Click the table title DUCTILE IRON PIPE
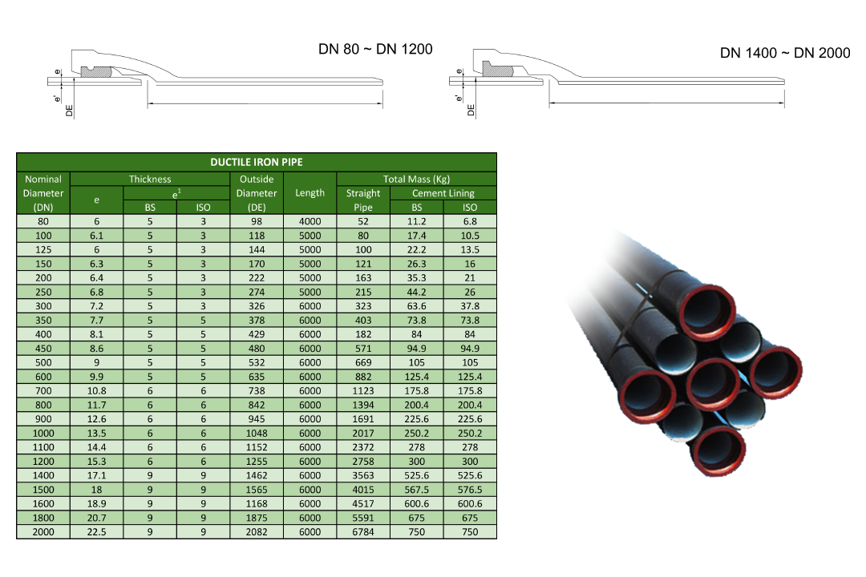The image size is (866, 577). point(257,163)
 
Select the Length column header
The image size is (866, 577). point(310,192)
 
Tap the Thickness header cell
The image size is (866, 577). point(150,179)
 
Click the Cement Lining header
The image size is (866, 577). point(443,193)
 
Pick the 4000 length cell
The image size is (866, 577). point(310,221)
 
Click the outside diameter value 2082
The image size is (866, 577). point(257,532)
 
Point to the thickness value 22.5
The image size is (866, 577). point(97,532)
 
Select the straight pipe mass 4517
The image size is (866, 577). point(363,503)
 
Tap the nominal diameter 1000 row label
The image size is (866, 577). point(43,434)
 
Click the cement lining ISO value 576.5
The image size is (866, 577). point(470,490)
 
